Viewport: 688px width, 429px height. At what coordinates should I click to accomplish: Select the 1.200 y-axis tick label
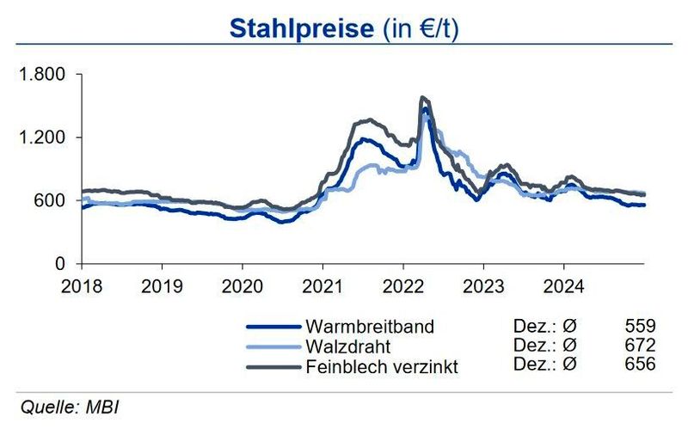pos(41,138)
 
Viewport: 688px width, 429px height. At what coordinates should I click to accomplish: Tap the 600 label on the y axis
pos(49,200)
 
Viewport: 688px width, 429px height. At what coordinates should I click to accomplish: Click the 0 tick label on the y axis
pos(60,263)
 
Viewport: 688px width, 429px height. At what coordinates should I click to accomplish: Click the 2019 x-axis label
pos(162,285)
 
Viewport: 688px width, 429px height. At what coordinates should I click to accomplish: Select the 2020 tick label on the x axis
pos(242,285)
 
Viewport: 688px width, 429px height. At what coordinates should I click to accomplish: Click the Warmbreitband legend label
pos(370,327)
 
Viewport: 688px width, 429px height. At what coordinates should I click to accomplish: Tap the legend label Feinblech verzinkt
pos(382,366)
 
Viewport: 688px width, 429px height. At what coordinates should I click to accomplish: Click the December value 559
pos(642,327)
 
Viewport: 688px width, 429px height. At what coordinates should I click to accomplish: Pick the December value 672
pos(642,346)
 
